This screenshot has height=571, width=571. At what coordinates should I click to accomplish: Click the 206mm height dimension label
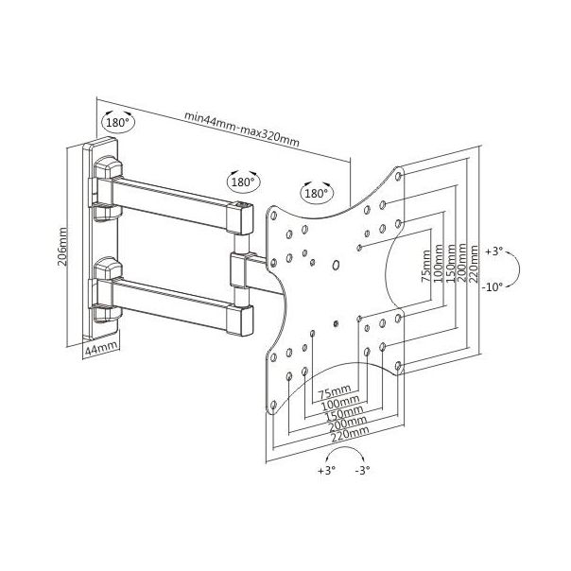[62, 246]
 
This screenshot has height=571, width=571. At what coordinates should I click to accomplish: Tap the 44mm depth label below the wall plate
[101, 349]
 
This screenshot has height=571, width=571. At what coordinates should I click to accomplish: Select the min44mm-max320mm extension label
[242, 129]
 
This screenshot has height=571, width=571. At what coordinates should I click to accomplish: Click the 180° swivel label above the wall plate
[117, 123]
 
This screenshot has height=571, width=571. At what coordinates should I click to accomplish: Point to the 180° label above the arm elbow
[243, 182]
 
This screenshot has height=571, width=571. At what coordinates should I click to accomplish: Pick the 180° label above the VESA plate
[316, 193]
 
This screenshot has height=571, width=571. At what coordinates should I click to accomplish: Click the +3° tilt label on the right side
[494, 251]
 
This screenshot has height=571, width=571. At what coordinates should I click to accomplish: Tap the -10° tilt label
[493, 287]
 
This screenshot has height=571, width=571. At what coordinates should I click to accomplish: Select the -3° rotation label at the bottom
[362, 470]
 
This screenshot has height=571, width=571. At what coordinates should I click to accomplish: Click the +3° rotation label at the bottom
[326, 470]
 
